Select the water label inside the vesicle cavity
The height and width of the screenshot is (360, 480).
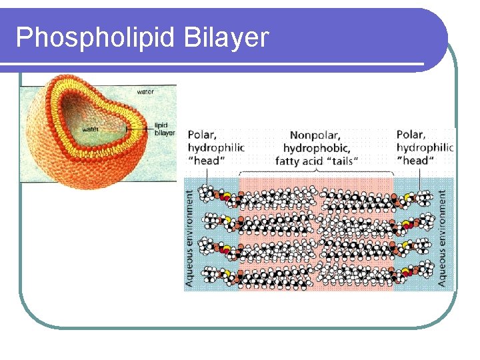[90, 129]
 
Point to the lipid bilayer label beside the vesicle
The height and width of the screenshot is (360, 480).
[164, 129]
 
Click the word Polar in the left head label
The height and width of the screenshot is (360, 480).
[203, 135]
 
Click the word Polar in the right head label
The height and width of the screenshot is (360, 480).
[411, 135]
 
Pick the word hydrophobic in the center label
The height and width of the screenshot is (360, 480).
[317, 147]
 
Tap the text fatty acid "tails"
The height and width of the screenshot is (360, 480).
[317, 161]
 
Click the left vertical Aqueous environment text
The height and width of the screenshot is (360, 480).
[190, 239]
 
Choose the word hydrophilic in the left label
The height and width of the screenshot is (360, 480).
[216, 147]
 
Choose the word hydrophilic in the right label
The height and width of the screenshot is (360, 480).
[425, 147]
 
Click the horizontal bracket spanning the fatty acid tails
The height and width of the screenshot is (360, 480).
[316, 175]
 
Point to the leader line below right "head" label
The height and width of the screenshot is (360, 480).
[419, 179]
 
